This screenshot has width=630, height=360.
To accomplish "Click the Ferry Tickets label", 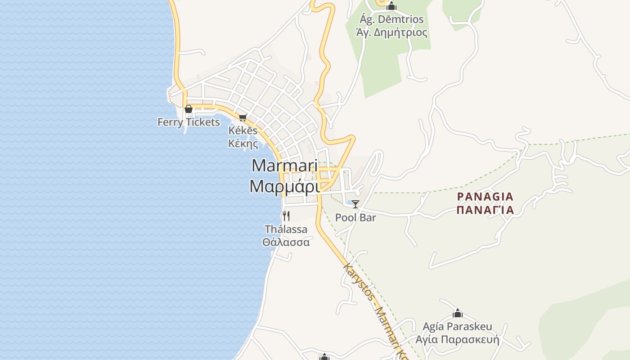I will pos(189,122).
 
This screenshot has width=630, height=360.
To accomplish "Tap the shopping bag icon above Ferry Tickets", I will pos(189,109).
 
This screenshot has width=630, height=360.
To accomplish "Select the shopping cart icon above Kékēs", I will pos(243,117).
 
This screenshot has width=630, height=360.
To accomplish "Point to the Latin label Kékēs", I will pos(243,130).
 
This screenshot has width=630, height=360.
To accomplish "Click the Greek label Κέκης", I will pos(243,144).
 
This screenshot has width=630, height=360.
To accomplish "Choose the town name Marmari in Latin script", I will pos(284,166).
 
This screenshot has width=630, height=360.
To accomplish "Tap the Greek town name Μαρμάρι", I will pos(284,186).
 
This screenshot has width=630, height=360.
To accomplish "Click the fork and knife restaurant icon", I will pos(286,216).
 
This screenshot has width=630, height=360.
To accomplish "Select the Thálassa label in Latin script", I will pos(286,229).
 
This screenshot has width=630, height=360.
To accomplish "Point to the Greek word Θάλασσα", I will pos(286,242).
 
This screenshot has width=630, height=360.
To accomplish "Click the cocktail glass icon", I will pos(355,204).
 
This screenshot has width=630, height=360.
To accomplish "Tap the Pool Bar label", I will pos(355,218).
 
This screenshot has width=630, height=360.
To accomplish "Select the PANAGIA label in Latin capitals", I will pos(485,197).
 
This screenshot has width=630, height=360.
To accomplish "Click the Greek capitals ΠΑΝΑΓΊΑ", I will pos(485,210).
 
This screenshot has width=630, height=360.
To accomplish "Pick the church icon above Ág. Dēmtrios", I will pos(391,6).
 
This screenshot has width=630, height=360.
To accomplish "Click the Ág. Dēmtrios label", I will pos(391,20).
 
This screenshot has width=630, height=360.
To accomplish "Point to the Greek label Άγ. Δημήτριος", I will pos(391,33).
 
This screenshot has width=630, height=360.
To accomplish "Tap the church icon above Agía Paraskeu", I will pos(458,313).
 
